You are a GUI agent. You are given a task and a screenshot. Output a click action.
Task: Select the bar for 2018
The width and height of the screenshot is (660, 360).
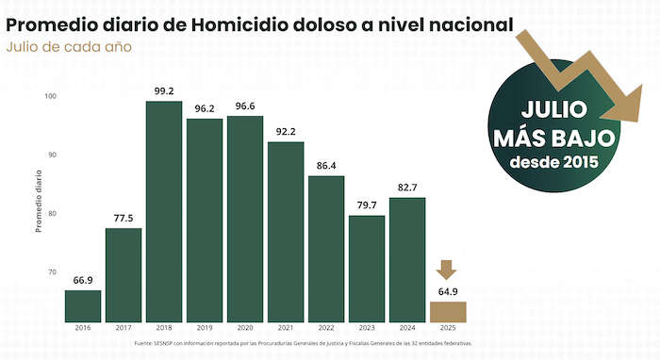164,209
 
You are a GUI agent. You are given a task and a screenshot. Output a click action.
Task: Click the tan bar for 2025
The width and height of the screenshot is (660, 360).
447,310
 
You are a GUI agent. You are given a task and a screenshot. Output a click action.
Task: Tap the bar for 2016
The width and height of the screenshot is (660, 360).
83,303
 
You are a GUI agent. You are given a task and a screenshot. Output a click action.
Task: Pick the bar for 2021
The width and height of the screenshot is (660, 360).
286,230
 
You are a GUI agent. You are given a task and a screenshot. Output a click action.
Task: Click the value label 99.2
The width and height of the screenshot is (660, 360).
164,91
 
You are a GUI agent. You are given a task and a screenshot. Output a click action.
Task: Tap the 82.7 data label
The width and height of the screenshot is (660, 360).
406,188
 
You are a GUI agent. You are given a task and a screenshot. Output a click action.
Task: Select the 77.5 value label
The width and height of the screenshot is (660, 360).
124,219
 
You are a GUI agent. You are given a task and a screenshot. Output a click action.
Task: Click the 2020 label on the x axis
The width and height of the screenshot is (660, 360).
245,328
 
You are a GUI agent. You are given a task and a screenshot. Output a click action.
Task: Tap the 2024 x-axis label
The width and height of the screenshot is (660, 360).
406,328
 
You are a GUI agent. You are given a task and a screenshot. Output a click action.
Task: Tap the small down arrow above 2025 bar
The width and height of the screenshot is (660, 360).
447,269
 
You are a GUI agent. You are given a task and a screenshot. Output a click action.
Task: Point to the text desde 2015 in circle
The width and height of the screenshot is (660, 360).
553,163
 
